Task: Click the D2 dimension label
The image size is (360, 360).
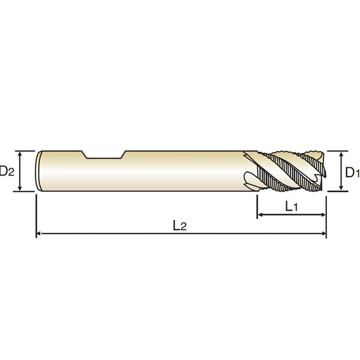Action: pos(7,171)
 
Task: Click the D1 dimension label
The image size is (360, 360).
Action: pos(353,172)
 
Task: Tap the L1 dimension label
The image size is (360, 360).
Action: pos(292,206)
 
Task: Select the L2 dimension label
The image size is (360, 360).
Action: pos(179,226)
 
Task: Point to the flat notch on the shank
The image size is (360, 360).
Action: pos(104,155)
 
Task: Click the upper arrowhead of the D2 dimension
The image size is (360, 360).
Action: pos(20,154)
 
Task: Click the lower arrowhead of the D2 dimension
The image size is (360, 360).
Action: pos(20,188)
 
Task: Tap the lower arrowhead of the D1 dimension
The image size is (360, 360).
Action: pos(341,188)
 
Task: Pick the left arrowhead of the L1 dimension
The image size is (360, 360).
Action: pos(260,215)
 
